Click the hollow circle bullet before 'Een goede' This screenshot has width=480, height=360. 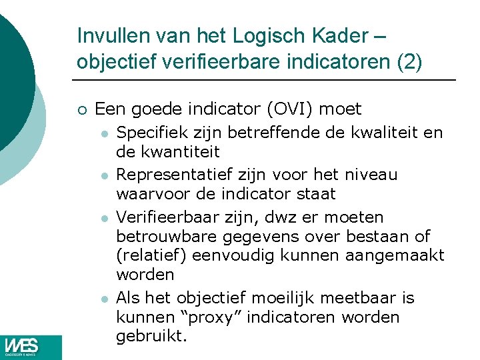point(81,109)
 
